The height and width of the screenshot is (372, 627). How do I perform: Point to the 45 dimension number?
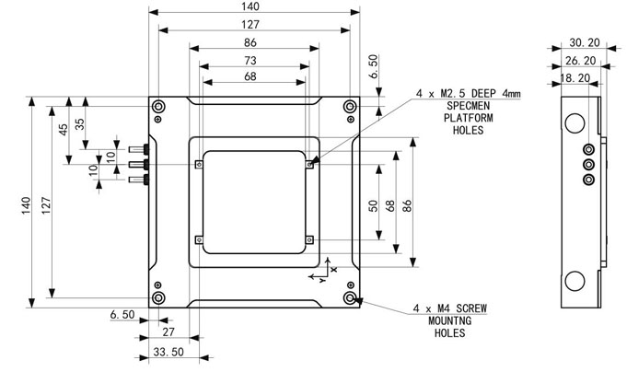coord(62,128)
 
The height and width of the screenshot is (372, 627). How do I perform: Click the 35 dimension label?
coord(79,122)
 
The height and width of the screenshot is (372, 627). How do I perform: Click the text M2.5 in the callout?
coord(456,94)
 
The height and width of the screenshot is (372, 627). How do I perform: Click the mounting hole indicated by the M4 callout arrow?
coord(350,299)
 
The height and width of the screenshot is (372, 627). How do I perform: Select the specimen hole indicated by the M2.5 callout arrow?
coord(309,166)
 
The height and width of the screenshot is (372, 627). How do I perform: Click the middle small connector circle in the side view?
coord(589,166)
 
